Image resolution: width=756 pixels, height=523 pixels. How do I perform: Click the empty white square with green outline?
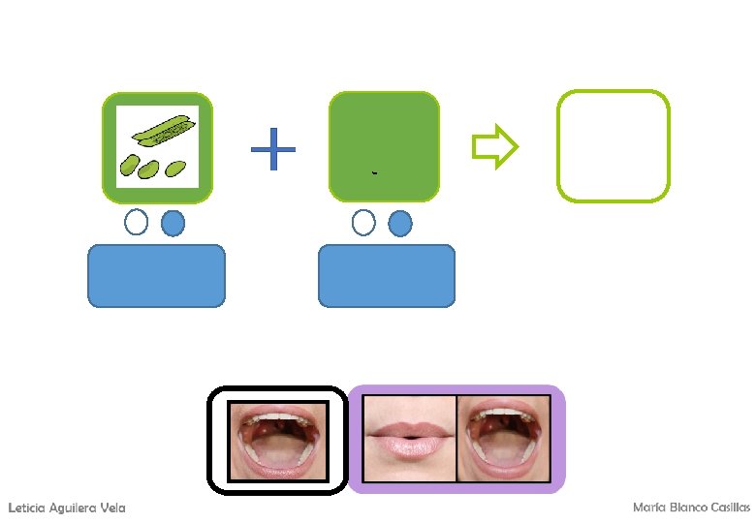coord(613,146)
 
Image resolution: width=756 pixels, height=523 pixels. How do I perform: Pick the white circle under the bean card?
coord(137,223)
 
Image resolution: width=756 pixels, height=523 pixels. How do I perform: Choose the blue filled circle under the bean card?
coord(173,224)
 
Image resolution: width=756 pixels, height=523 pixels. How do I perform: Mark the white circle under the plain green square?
coord(363,223)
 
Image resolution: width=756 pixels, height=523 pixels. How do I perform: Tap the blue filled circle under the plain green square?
coord(399,224)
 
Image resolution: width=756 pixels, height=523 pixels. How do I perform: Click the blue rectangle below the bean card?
coord(157,276)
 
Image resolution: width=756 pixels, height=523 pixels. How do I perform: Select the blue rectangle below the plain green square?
coord(387,276)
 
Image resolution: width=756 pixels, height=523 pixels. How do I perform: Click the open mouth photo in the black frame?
coord(278,441)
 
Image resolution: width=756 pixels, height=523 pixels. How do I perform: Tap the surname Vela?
coord(111,508)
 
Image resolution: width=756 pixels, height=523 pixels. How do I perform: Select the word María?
coord(647,508)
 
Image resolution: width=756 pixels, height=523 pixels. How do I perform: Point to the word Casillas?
coord(729,508)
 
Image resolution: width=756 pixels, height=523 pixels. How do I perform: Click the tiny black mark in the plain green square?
coord(374,173)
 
